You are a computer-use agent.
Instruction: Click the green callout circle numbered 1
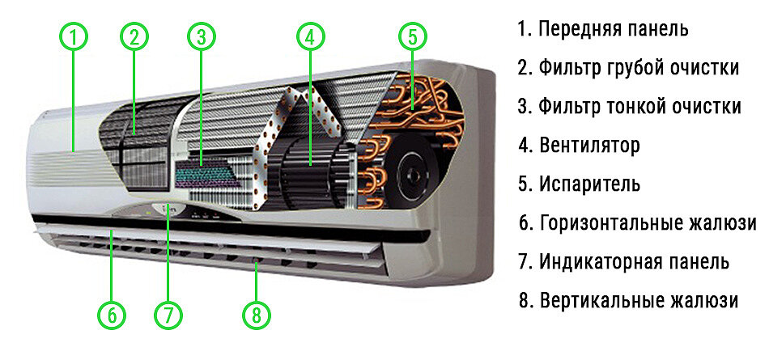tap(73, 36)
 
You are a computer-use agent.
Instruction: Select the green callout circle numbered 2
tap(134, 36)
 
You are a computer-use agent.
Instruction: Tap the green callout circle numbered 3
tap(202, 36)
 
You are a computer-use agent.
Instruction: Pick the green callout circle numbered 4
tap(310, 36)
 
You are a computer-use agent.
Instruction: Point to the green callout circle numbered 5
tap(412, 36)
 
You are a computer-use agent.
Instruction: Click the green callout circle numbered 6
tap(113, 315)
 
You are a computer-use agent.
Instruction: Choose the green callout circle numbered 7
tap(168, 315)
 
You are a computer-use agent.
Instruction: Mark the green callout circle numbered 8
tap(257, 315)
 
